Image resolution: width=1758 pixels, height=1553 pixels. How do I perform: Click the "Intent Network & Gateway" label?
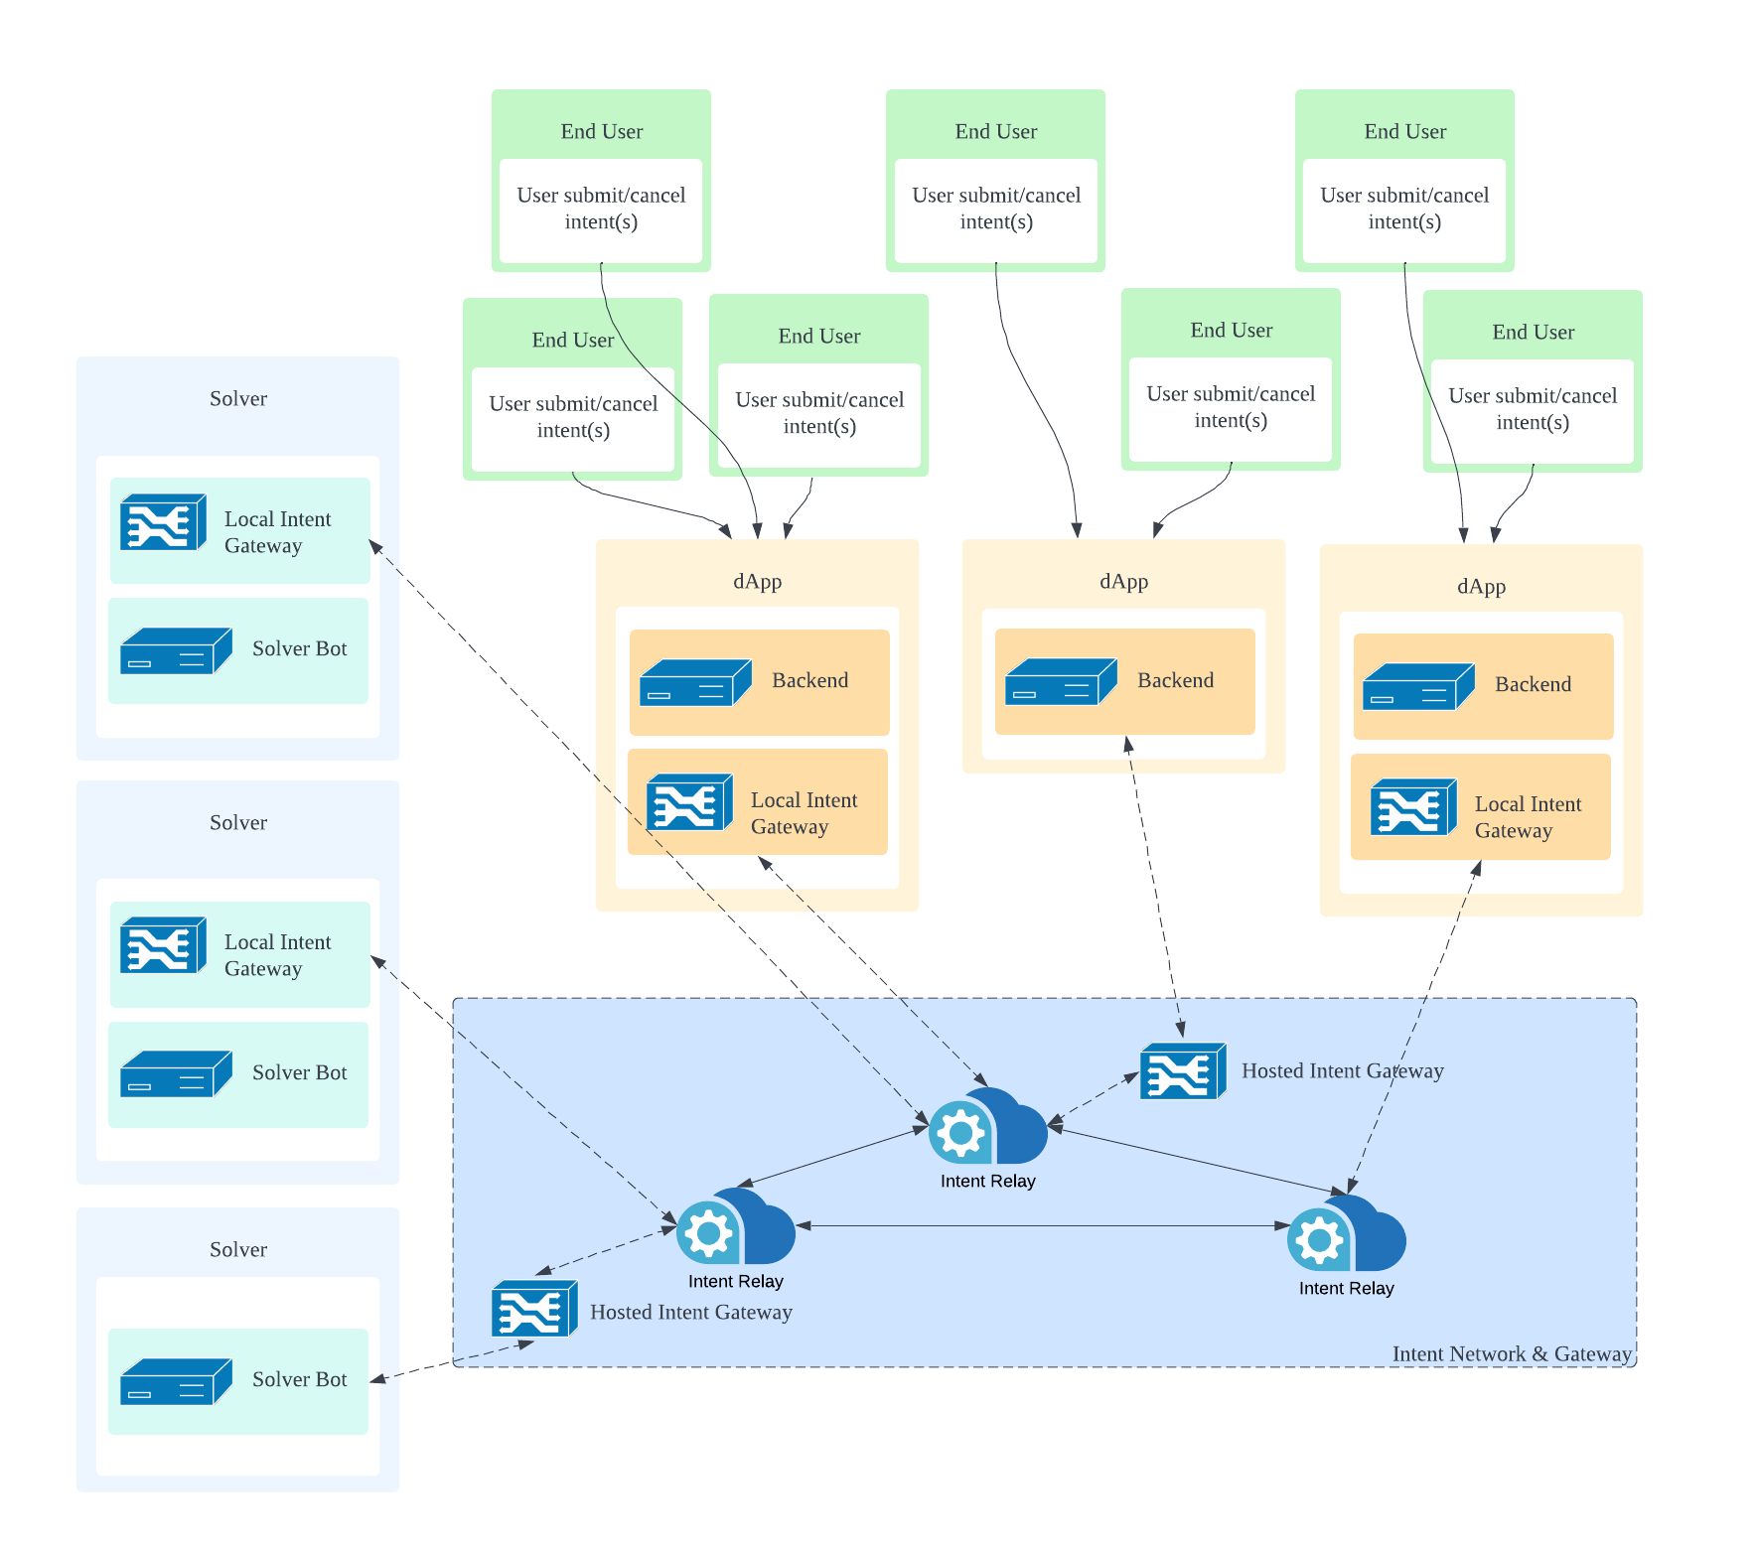[x=1511, y=1353]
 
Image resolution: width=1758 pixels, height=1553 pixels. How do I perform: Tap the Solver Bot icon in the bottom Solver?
[x=176, y=1380]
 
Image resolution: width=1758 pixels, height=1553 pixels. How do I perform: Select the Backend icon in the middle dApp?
[x=1061, y=681]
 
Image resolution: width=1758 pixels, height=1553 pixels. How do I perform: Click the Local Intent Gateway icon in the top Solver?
[x=163, y=521]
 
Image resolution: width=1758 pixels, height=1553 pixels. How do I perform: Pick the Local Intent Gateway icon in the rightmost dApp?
[x=1413, y=806]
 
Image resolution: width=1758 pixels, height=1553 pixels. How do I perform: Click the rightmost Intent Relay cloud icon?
[x=1347, y=1234]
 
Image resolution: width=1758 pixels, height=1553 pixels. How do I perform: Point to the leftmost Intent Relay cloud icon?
[x=736, y=1227]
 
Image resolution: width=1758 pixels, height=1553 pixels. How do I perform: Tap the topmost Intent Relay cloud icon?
[x=988, y=1127]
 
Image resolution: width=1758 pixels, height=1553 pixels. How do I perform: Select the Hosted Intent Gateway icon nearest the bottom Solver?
[x=534, y=1309]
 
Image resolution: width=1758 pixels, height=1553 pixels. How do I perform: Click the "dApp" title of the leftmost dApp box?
[x=757, y=582]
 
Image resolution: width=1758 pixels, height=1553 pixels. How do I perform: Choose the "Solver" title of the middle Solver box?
[x=238, y=822]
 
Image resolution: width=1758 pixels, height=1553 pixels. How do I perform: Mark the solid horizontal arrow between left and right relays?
[x=1043, y=1226]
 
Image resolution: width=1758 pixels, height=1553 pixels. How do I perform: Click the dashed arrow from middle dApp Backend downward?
[x=1154, y=884]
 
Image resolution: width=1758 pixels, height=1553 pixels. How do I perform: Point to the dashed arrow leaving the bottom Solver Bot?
[x=452, y=1361]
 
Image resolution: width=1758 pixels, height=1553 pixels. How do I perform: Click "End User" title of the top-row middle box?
[x=995, y=131]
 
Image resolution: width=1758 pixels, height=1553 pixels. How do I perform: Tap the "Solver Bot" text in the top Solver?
[x=299, y=648]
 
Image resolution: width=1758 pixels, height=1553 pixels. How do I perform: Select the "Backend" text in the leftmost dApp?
[x=809, y=680]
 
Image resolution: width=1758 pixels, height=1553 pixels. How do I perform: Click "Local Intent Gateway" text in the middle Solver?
[x=277, y=955]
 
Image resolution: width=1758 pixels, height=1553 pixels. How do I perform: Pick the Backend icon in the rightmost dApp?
[x=1418, y=686]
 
